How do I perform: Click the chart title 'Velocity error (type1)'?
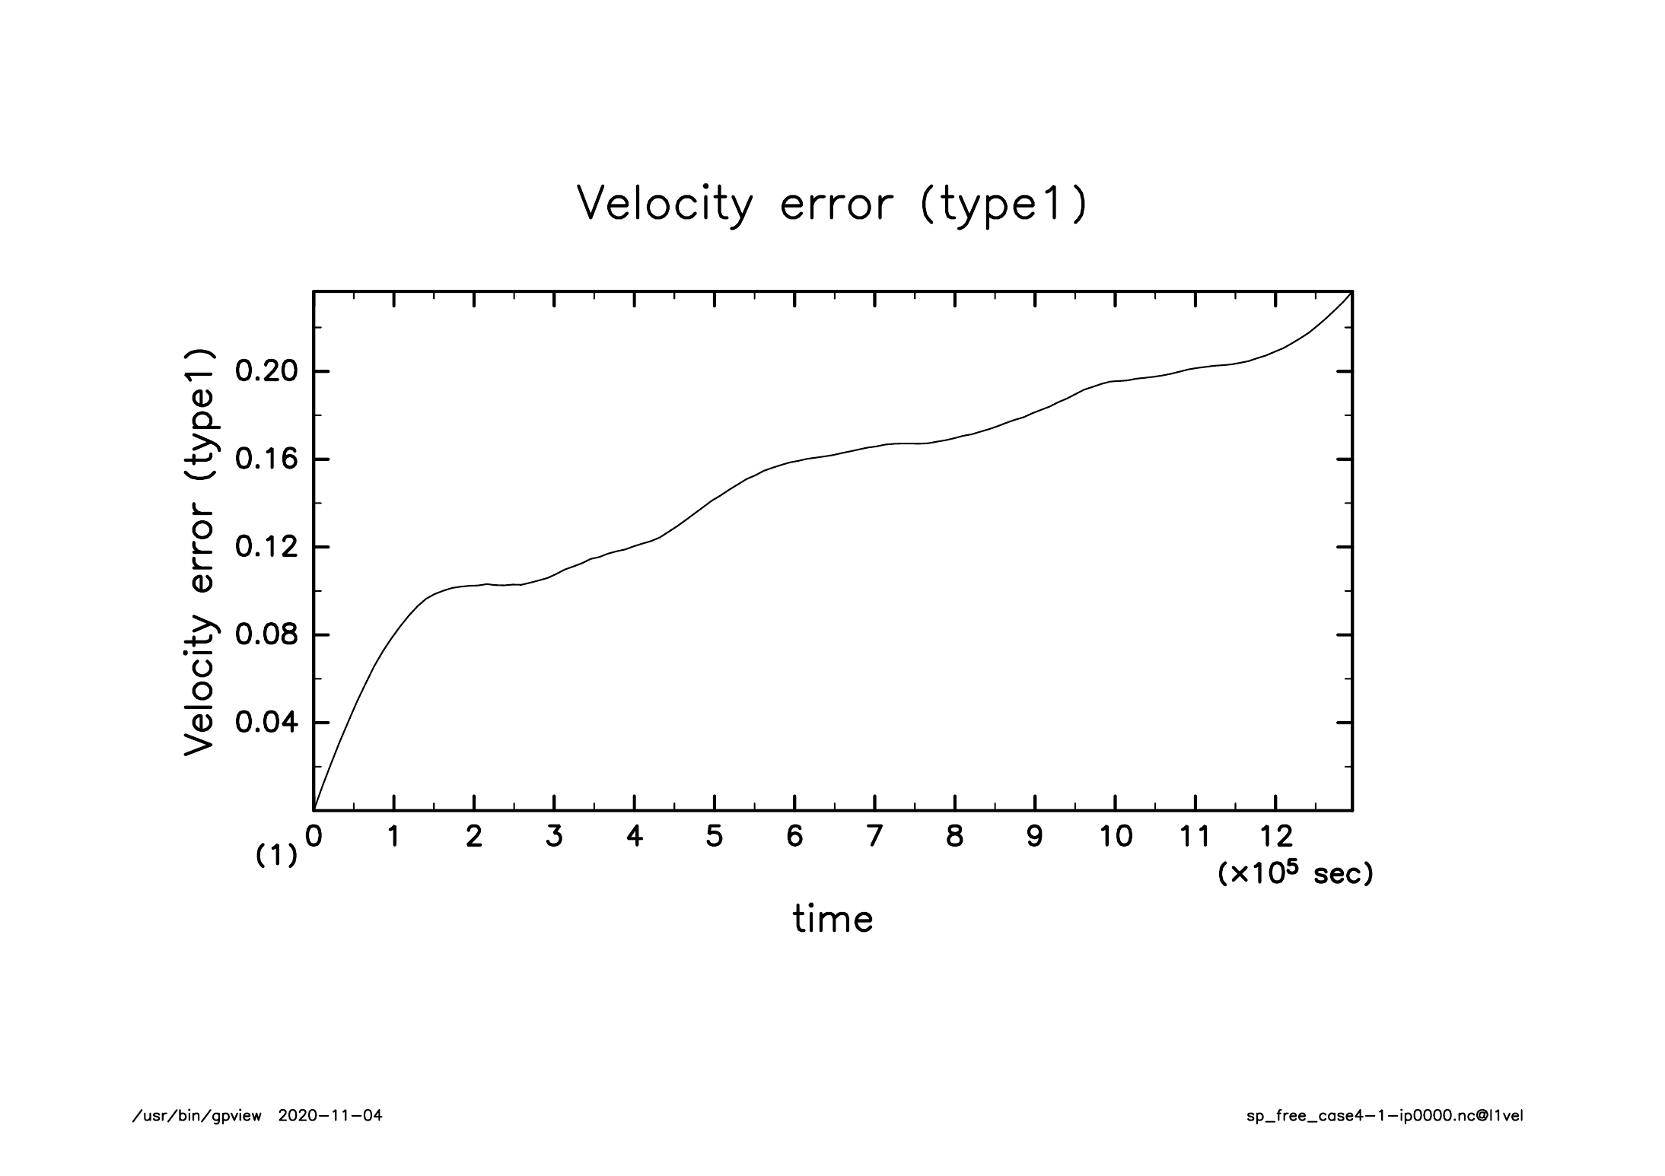[832, 204]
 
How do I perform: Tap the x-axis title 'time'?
[833, 919]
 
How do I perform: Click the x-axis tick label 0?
[314, 837]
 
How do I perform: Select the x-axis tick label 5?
[715, 837]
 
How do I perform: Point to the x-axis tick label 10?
[1115, 837]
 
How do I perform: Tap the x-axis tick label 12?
[1275, 837]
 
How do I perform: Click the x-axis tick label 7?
[875, 837]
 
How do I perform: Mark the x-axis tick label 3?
[554, 837]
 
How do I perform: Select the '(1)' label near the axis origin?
[276, 857]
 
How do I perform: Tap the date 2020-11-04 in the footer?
[330, 1116]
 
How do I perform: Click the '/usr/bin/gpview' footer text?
[197, 1117]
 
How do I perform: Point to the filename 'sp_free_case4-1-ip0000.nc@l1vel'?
[1385, 1117]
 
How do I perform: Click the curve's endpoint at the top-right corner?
[1351, 291]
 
